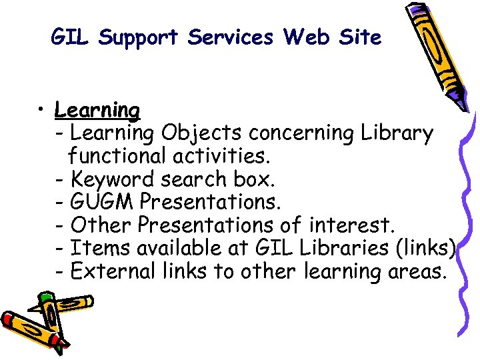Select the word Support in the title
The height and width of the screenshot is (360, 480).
coord(140,38)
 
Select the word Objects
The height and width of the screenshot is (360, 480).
coord(197,134)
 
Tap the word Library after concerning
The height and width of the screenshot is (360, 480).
coord(397,134)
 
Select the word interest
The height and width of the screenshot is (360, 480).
coord(359,225)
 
